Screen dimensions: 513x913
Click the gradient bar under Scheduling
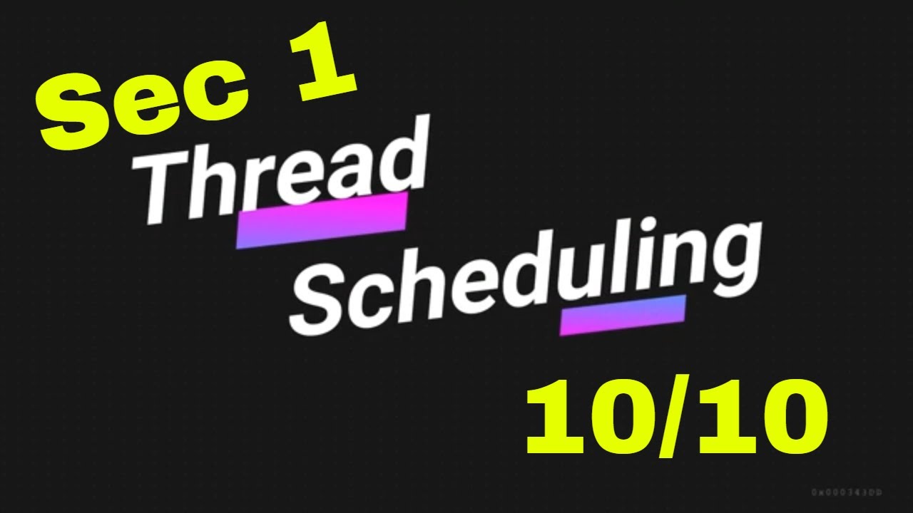(623, 314)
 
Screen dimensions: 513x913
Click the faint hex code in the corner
(847, 492)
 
